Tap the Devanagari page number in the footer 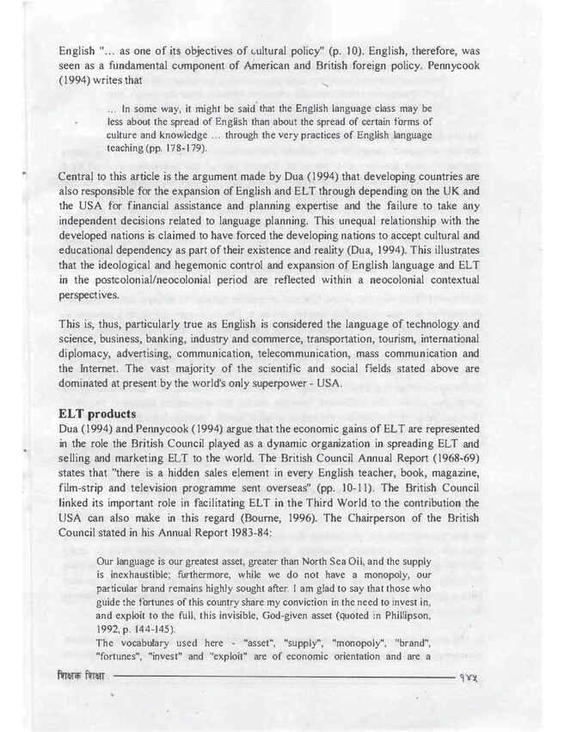click(473, 679)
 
